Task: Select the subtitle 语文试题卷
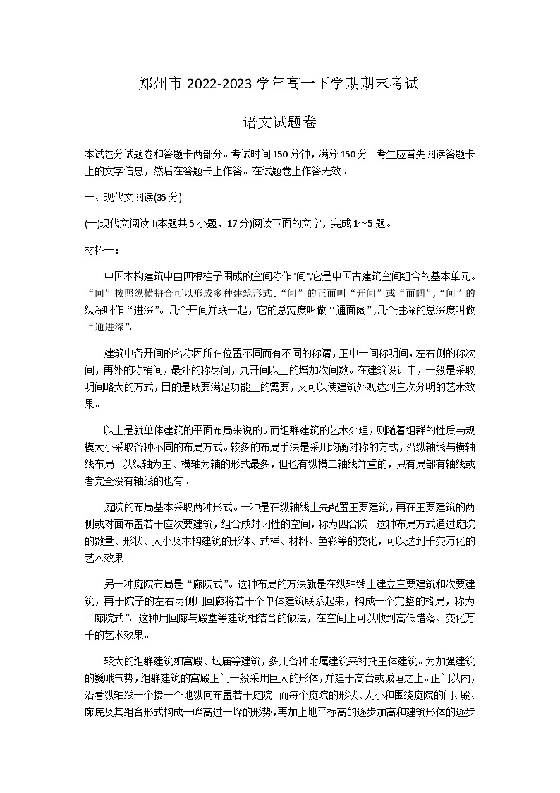[x=279, y=122]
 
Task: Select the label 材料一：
[x=102, y=249]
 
